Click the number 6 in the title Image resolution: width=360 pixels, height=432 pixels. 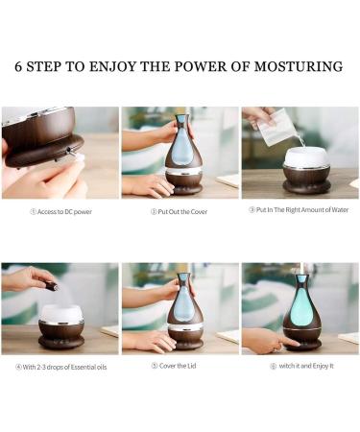point(20,67)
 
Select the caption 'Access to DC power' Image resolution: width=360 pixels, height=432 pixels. point(60,211)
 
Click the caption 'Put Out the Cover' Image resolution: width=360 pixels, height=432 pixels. point(180,211)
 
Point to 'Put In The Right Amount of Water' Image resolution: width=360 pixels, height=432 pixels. point(299,211)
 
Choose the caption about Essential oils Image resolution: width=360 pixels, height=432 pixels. point(60,366)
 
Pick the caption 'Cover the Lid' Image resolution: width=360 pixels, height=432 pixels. point(180,366)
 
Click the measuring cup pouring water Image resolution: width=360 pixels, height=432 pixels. point(277,128)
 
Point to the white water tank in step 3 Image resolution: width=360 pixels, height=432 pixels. point(307,156)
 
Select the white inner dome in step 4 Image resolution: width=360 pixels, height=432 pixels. point(61,314)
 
